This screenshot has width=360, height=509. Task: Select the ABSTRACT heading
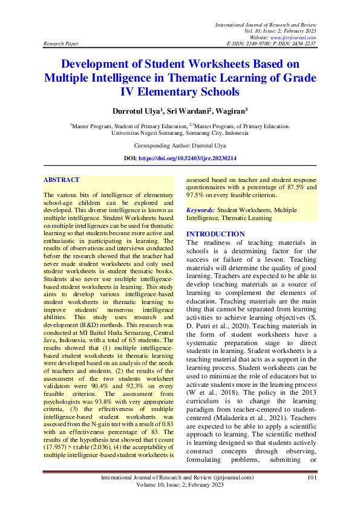pos(61,180)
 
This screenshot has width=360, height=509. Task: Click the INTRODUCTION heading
pos(215,234)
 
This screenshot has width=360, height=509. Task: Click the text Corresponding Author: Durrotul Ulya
pos(180,146)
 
